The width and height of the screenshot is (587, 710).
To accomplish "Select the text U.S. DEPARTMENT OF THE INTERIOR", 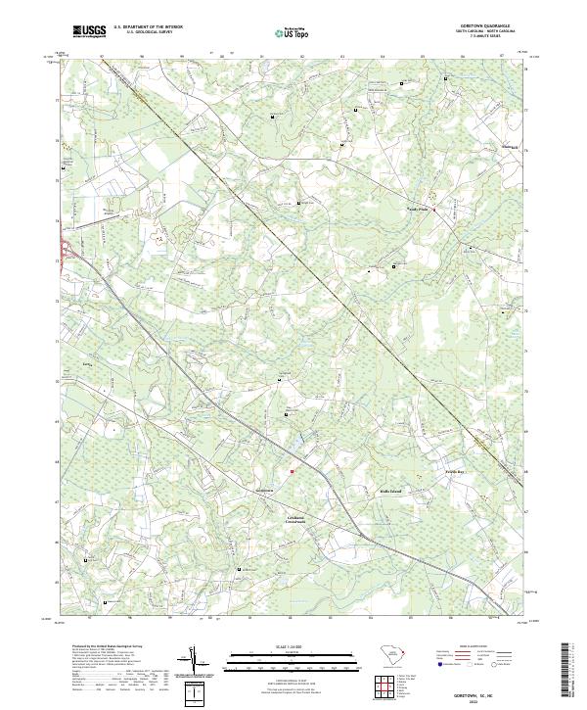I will [147, 27].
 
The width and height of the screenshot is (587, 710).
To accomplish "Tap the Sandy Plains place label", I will [419, 208].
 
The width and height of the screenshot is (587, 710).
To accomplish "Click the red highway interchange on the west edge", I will [65, 250].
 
